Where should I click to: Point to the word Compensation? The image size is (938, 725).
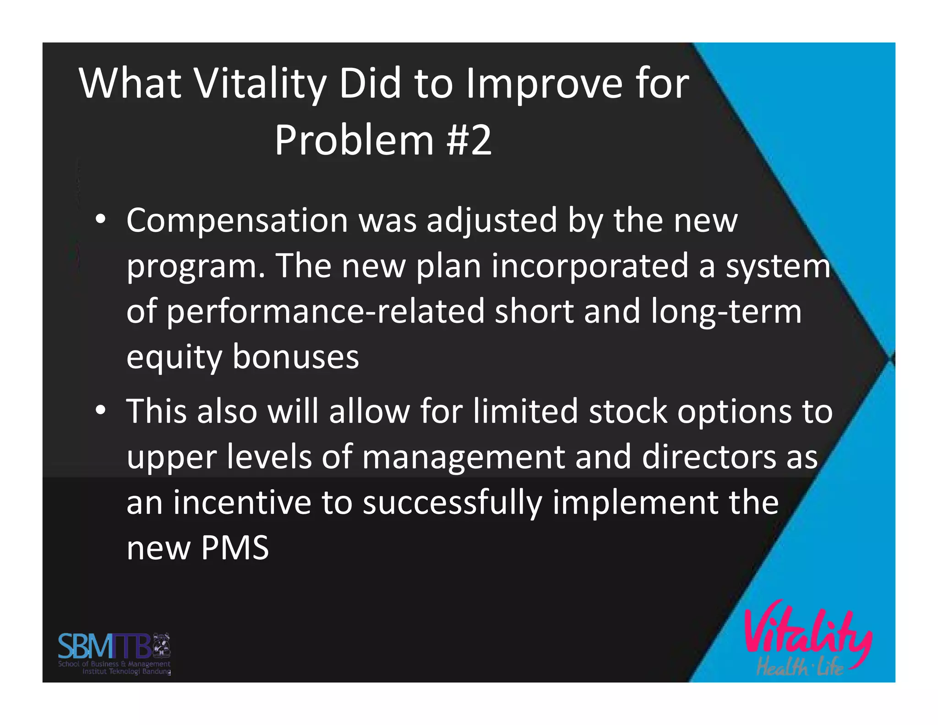pyautogui.click(x=237, y=221)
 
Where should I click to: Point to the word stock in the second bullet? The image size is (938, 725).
pyautogui.click(x=628, y=411)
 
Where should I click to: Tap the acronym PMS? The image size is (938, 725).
pyautogui.click(x=234, y=548)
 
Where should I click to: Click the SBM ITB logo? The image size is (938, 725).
pyautogui.click(x=114, y=653)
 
